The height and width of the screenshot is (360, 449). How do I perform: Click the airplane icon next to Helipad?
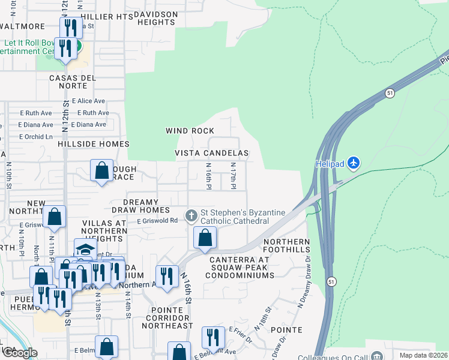354,163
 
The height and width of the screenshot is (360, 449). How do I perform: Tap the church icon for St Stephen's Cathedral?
191,215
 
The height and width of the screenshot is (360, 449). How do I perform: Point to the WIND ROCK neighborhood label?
190,131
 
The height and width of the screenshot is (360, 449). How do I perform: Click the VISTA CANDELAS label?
211,153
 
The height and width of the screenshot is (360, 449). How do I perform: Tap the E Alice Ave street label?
88,101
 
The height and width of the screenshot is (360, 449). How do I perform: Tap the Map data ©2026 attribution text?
423,355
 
